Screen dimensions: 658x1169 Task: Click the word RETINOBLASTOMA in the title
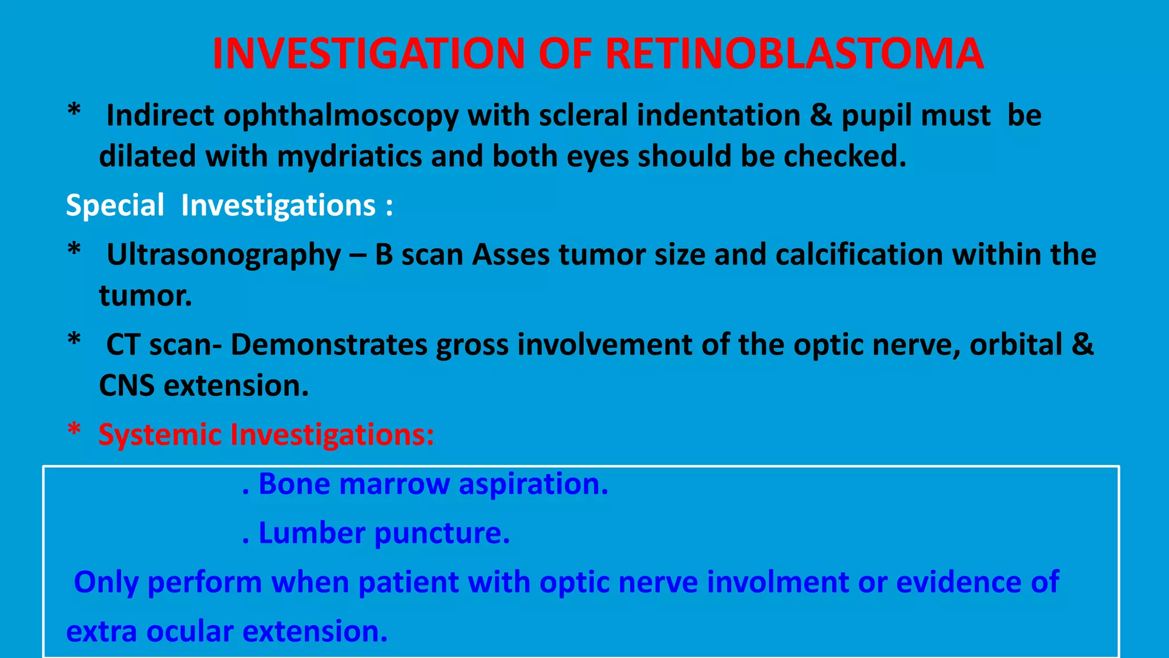point(794,54)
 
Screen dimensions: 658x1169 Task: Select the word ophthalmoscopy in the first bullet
point(341,117)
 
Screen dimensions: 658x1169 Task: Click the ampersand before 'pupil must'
point(821,115)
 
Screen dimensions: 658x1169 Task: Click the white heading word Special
point(115,206)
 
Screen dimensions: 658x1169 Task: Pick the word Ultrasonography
point(224,255)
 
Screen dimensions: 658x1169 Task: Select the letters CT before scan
point(123,345)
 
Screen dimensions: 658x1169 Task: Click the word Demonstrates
point(329,345)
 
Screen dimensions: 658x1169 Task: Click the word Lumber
point(312,533)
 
